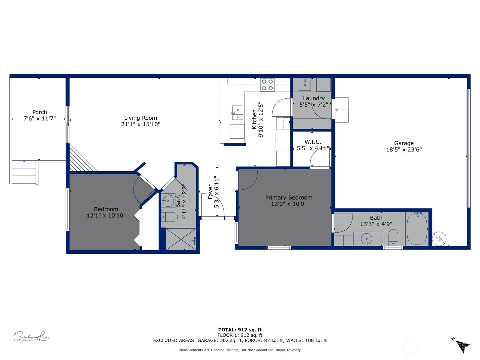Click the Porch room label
[40, 112]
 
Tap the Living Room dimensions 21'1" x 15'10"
[141, 124]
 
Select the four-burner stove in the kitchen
[267, 85]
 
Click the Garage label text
[404, 143]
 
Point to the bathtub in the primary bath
[417, 229]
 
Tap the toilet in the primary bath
[393, 237]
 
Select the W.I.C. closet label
[313, 142]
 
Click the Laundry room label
[313, 98]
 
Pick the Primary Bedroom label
[289, 198]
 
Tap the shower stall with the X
[181, 239]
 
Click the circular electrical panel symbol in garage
[439, 239]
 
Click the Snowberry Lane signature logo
[32, 336]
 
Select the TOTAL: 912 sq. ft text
[240, 330]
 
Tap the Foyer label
[210, 192]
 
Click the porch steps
[24, 172]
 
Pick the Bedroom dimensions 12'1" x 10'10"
[106, 215]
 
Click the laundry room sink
[305, 85]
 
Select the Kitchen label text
[254, 119]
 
